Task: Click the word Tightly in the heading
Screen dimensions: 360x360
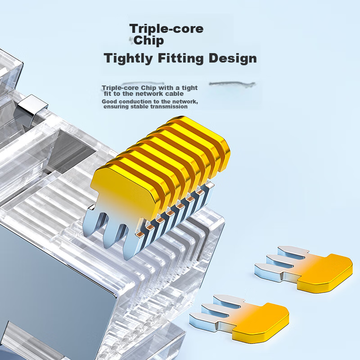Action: pyautogui.click(x=128, y=58)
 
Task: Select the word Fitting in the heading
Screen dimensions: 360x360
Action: pyautogui.click(x=181, y=58)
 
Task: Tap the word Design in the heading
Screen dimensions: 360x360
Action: pyautogui.click(x=233, y=58)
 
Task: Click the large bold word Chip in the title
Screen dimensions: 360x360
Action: pyautogui.click(x=148, y=40)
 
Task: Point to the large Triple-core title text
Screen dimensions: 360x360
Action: pyautogui.click(x=166, y=29)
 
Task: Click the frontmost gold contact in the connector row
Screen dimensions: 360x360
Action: pyautogui.click(x=124, y=190)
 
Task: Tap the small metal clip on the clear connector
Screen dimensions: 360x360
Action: pyautogui.click(x=32, y=108)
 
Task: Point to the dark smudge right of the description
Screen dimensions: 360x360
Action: pyautogui.click(x=232, y=84)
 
